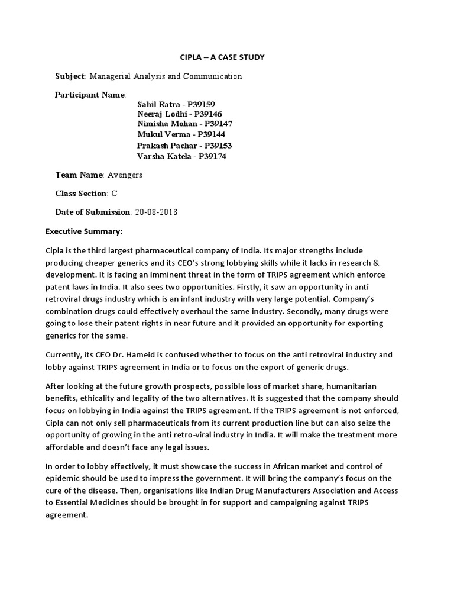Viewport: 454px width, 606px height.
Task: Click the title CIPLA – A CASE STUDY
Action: coord(222,57)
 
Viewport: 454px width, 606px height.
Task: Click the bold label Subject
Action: coord(70,76)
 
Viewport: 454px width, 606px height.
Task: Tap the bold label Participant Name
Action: coord(90,95)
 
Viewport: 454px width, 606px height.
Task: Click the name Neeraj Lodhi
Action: coord(160,114)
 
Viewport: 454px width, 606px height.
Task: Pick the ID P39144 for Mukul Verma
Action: coord(203,135)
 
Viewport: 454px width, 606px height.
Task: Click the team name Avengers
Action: coord(125,175)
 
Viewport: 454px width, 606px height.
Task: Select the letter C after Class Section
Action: coord(115,194)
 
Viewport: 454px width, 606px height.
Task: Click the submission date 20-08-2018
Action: coord(156,212)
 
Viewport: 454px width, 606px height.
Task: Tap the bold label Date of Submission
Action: coord(92,212)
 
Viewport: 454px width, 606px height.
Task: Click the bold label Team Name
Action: coord(79,175)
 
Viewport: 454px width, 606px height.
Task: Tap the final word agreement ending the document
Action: coord(66,515)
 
